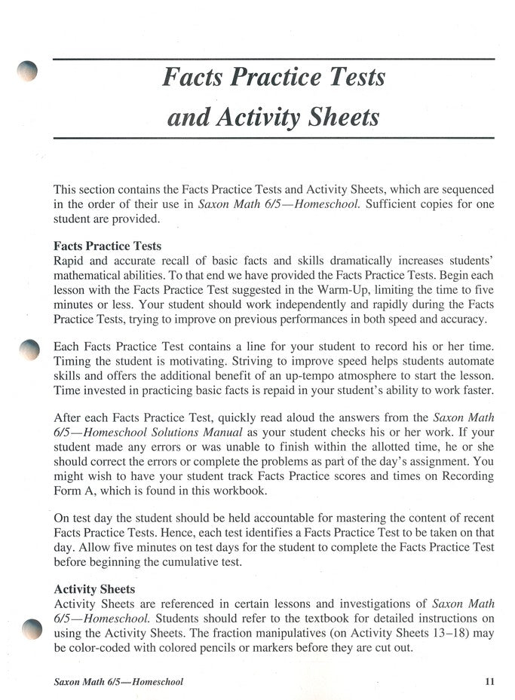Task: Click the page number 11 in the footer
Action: click(489, 682)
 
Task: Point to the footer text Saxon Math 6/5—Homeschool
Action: click(118, 682)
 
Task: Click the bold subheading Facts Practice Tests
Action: click(107, 246)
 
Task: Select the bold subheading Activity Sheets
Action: click(94, 588)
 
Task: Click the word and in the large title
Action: click(187, 118)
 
